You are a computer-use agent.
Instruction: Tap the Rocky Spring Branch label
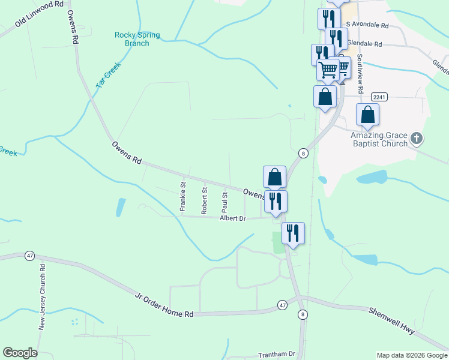137,39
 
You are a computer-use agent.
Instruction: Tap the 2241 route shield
379,97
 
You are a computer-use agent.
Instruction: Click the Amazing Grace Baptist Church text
379,139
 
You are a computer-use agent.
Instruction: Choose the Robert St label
204,200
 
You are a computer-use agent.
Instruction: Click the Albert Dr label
234,219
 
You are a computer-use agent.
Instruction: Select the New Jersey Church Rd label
43,297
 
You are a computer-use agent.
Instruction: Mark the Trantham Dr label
277,355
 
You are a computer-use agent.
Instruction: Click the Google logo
20,353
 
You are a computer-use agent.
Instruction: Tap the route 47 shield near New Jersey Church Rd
29,256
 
